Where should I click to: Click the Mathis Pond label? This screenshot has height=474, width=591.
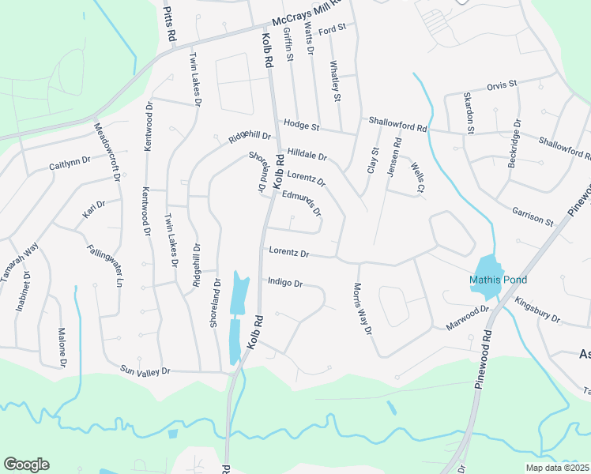point(498,280)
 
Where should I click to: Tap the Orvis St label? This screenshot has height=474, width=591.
point(501,84)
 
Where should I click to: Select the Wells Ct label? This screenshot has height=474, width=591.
point(418,177)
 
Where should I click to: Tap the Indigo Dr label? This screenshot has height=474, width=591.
point(285,281)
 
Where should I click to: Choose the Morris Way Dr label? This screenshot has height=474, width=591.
point(362,309)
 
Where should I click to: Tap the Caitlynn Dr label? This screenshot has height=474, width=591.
point(70,166)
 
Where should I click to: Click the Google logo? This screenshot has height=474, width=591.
point(26,465)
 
